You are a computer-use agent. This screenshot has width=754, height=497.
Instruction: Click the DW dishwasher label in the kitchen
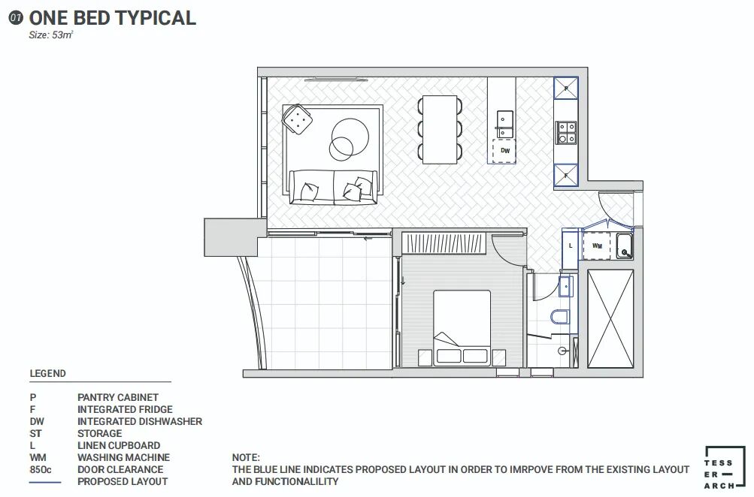(505, 151)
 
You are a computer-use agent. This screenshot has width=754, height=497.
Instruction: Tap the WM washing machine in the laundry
(597, 245)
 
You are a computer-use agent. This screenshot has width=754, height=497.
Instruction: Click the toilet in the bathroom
(560, 317)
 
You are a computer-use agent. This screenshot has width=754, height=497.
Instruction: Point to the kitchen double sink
(504, 125)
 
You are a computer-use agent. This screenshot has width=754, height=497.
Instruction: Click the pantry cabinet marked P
(566, 88)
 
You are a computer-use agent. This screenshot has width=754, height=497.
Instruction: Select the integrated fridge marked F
(566, 175)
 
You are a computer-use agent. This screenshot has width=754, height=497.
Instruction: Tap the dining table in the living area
(440, 129)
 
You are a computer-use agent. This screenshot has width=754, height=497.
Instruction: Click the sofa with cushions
(333, 187)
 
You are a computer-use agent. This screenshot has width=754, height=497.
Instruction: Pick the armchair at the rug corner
(297, 119)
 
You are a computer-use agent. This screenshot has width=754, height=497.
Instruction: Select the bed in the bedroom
(462, 328)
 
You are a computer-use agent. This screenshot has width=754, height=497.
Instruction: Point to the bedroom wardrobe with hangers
(444, 243)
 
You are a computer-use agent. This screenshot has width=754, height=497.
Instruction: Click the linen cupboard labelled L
(571, 245)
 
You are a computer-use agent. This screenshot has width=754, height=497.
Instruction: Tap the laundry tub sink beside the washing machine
(624, 245)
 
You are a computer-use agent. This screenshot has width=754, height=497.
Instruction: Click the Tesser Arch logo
(725, 468)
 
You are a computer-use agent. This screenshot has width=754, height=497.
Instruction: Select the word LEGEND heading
(47, 373)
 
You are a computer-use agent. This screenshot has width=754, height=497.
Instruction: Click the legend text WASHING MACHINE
(123, 457)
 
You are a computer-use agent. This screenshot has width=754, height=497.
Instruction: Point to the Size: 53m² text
(51, 35)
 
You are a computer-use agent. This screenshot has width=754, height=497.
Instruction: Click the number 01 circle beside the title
(16, 18)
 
